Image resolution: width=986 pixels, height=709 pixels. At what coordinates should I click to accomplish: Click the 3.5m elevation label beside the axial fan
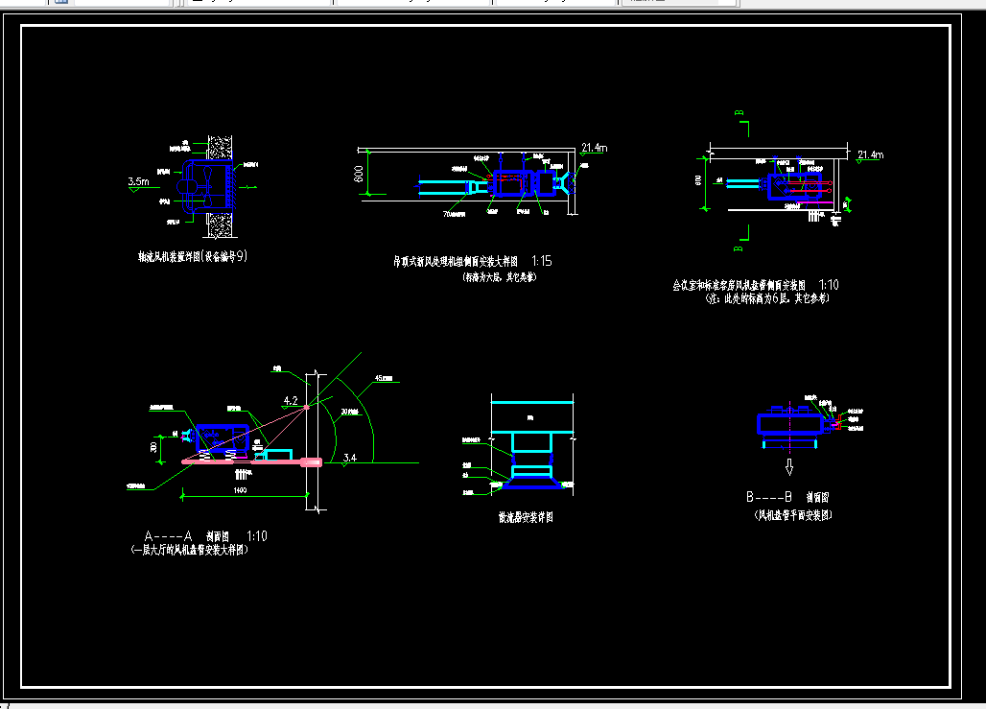pyautogui.click(x=138, y=180)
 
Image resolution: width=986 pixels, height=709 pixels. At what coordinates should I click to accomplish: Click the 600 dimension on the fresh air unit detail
pyautogui.click(x=358, y=175)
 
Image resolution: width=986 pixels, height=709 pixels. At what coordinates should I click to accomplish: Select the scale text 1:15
pyautogui.click(x=541, y=261)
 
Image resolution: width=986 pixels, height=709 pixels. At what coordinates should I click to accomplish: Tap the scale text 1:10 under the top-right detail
pyautogui.click(x=829, y=285)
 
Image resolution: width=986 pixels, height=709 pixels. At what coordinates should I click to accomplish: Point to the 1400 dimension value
pyautogui.click(x=240, y=491)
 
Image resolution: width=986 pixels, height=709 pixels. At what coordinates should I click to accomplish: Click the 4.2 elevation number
pyautogui.click(x=291, y=400)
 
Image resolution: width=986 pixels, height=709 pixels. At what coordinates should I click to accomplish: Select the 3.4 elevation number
pyautogui.click(x=350, y=460)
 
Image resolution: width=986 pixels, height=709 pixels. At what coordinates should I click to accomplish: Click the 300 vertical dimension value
pyautogui.click(x=153, y=445)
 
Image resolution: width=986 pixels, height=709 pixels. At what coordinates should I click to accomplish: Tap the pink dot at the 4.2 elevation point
pyautogui.click(x=307, y=408)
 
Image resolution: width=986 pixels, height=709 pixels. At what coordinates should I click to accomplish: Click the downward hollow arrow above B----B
pyautogui.click(x=789, y=467)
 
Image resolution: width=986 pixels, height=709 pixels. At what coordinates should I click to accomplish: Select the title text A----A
pyautogui.click(x=169, y=536)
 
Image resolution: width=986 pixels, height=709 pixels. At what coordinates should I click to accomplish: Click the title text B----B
pyautogui.click(x=769, y=498)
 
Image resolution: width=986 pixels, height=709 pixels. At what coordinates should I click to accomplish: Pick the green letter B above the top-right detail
pyautogui.click(x=739, y=114)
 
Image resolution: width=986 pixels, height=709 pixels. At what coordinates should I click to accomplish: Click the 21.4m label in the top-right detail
pyautogui.click(x=871, y=154)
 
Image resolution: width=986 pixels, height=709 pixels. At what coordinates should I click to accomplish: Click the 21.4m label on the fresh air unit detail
pyautogui.click(x=595, y=148)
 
